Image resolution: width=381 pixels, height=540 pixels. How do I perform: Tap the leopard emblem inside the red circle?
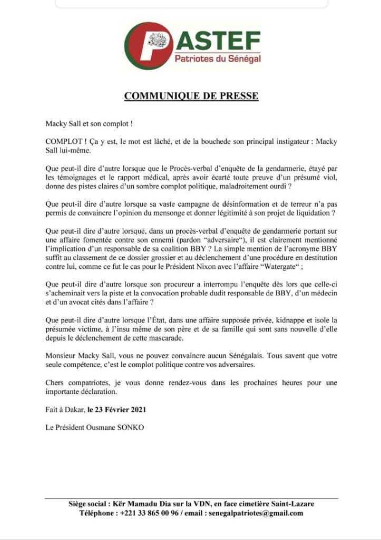(x=159, y=40)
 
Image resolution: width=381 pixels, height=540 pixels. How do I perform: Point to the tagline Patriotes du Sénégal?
(x=218, y=59)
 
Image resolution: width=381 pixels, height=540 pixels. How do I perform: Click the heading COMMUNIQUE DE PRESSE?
(x=191, y=96)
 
